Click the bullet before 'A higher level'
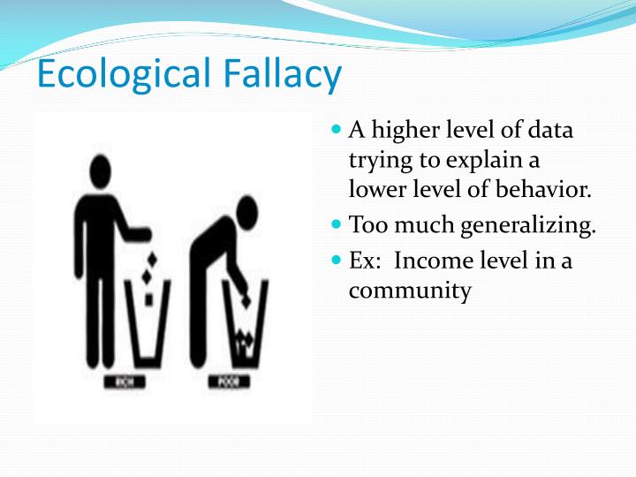(336, 129)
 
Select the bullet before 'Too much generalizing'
(336, 224)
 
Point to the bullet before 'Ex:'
(336, 261)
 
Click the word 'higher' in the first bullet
(405, 132)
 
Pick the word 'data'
(550, 131)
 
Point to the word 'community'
(410, 291)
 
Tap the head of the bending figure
(245, 212)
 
